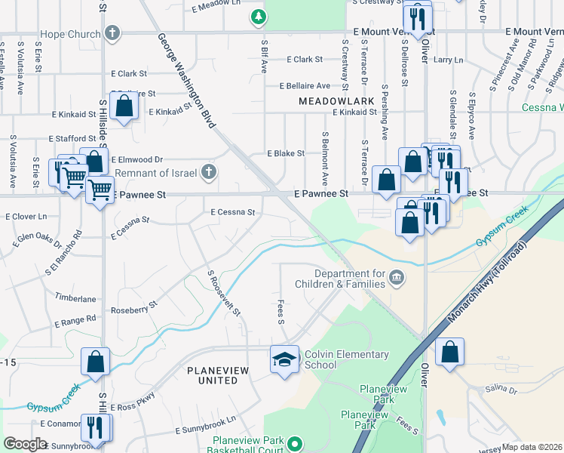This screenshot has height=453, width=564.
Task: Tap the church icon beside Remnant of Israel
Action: click(x=209, y=173)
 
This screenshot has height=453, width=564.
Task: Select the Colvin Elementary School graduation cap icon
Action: click(x=284, y=359)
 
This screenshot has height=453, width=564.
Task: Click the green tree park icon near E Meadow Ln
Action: click(x=259, y=16)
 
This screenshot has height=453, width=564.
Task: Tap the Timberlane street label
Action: click(x=75, y=299)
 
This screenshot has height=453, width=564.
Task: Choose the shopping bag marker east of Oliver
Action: click(x=449, y=352)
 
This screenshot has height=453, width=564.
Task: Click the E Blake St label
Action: click(x=286, y=153)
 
